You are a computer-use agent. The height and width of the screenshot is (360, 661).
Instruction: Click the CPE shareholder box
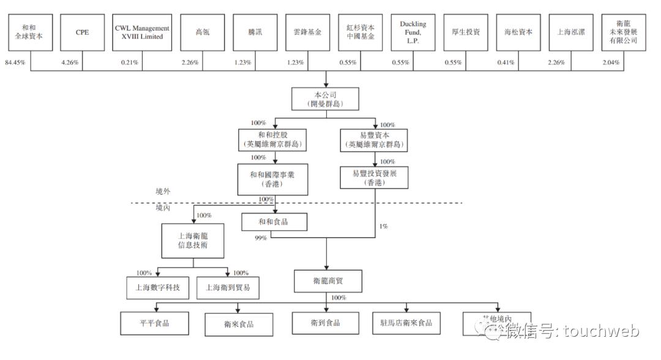pyautogui.click(x=83, y=32)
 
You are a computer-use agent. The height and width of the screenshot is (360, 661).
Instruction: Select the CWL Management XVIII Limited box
pyautogui.click(x=143, y=32)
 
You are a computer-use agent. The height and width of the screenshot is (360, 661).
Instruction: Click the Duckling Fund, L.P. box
pyautogui.click(x=413, y=32)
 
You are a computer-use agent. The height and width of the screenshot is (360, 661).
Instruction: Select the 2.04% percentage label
pyautogui.click(x=610, y=62)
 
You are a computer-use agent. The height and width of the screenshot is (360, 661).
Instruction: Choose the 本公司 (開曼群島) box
pyautogui.click(x=326, y=100)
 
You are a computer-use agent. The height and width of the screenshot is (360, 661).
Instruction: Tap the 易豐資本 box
pyautogui.click(x=375, y=140)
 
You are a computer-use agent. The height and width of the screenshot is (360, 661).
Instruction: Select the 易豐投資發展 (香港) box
pyautogui.click(x=375, y=179)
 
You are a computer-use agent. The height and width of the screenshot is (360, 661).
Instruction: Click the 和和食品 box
pyautogui.click(x=273, y=222)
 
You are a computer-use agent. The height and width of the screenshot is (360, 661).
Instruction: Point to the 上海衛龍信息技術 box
pyautogui.click(x=194, y=241)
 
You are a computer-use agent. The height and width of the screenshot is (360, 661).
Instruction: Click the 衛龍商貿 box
pyautogui.click(x=326, y=280)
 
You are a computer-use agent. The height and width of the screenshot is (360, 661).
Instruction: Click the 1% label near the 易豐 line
pyautogui.click(x=384, y=227)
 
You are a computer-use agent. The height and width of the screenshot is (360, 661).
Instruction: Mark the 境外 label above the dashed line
pyautogui.click(x=163, y=192)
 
